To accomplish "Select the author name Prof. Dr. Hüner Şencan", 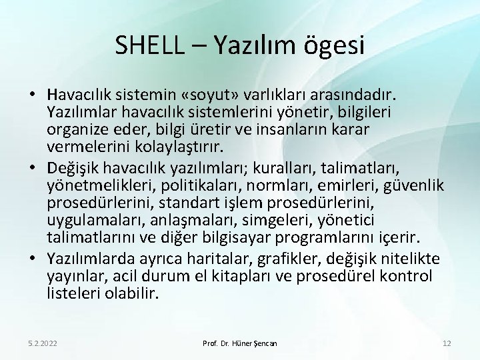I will pyautogui.click(x=239, y=343).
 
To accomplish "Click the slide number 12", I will pyautogui.click(x=446, y=343).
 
